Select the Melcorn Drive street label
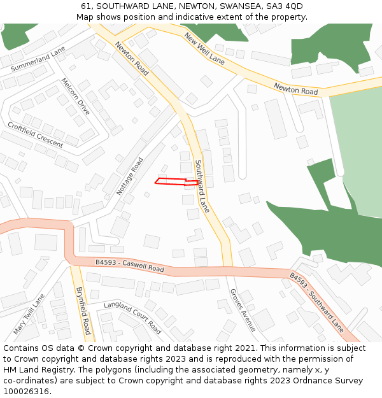tap(75, 97)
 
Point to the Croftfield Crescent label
tap(35, 135)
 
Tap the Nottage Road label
tap(130, 176)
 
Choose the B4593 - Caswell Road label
tap(130, 266)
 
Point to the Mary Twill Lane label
tap(29, 315)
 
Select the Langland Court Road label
tap(132, 317)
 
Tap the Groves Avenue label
tap(243, 310)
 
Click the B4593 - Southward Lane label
tap(316, 302)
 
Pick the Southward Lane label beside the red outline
tap(202, 186)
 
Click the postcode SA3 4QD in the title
tap(285, 6)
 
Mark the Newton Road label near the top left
tap(132, 59)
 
